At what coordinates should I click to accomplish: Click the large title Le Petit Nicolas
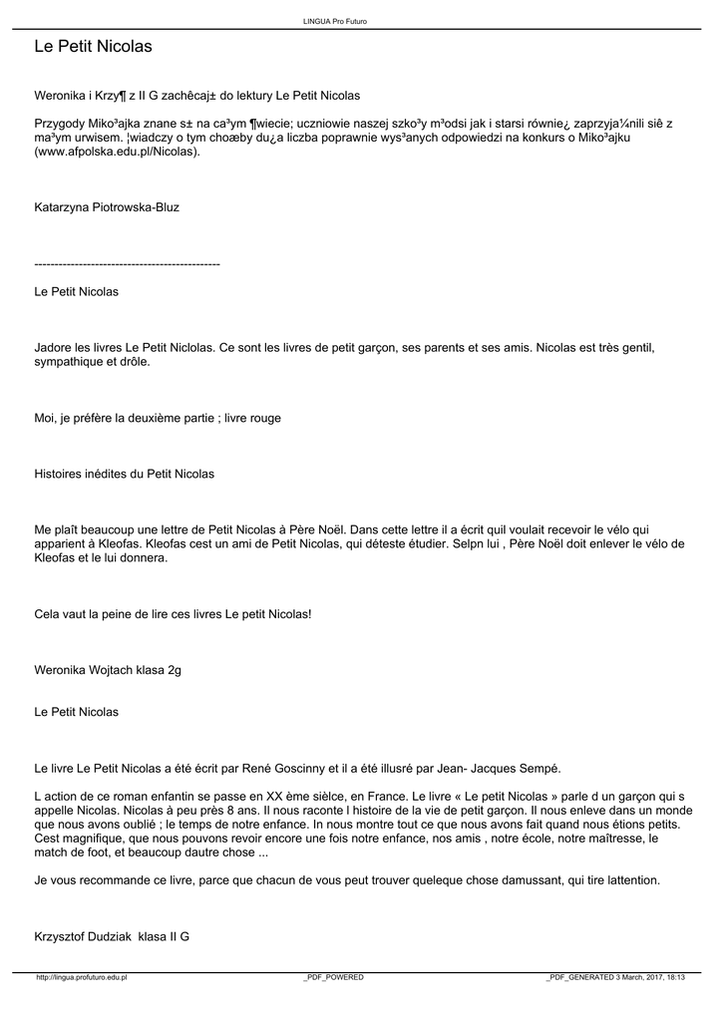[x=93, y=47]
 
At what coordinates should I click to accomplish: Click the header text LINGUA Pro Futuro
[x=341, y=21]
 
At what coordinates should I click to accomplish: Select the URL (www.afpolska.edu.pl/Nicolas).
[x=118, y=153]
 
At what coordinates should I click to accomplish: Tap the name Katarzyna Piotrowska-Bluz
[x=107, y=207]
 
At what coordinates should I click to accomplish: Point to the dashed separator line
[x=127, y=263]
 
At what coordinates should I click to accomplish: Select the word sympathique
[x=70, y=362]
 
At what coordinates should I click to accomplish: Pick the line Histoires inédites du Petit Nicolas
[x=125, y=474]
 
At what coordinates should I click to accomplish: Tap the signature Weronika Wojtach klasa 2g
[x=108, y=670]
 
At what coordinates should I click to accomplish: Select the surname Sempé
[x=540, y=768]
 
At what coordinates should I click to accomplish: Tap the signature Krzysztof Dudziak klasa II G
[x=112, y=937]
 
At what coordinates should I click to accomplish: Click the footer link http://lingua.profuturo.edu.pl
[x=82, y=977]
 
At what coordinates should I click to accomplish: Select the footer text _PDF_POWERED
[x=333, y=977]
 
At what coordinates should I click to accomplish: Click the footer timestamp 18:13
[x=674, y=977]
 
